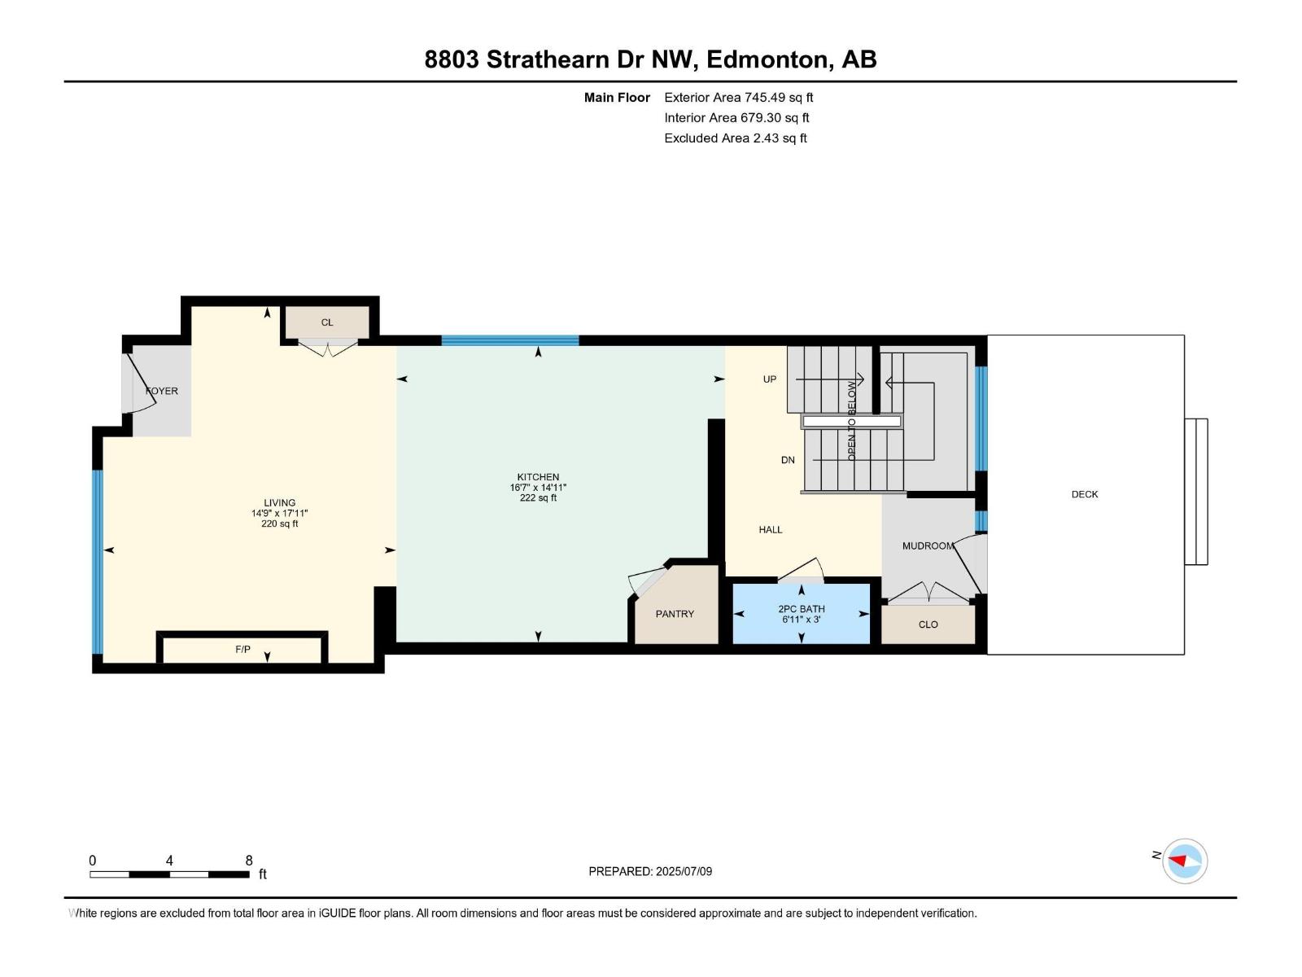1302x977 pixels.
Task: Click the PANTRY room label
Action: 675,614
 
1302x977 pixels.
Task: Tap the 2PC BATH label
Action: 801,609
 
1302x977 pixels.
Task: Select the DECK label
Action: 1084,494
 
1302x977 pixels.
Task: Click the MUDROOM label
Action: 927,545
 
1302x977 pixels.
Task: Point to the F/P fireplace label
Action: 242,649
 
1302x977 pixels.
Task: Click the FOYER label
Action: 162,391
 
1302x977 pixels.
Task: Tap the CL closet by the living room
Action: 326,322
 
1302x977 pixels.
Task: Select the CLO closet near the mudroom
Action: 928,624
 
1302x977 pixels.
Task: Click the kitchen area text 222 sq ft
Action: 538,498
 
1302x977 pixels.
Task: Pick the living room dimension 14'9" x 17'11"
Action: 279,514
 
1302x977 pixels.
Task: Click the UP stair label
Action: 769,379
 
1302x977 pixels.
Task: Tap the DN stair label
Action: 787,460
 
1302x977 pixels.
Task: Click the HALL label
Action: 770,530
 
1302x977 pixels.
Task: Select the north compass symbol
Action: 1184,861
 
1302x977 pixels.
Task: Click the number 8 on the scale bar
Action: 249,861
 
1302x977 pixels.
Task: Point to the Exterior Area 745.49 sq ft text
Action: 738,98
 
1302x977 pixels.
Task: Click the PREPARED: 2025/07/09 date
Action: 650,871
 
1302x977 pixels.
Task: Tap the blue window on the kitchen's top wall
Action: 510,340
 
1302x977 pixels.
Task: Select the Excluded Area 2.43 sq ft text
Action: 735,138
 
